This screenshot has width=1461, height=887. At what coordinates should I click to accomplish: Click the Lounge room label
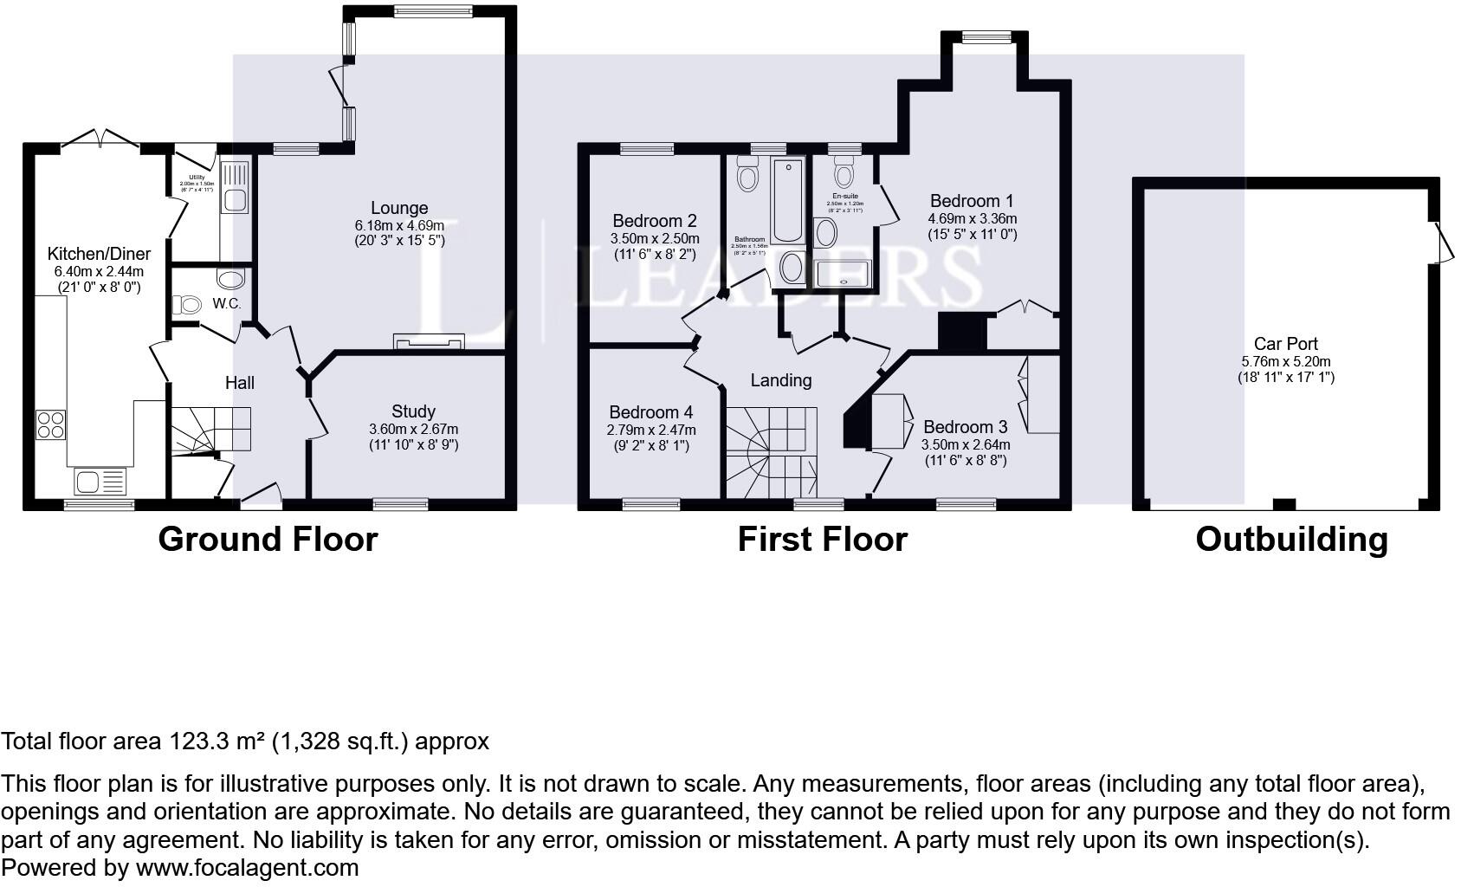click(x=399, y=208)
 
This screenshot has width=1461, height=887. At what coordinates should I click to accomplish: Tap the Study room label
click(x=413, y=411)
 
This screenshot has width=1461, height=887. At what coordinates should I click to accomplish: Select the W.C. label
click(x=226, y=304)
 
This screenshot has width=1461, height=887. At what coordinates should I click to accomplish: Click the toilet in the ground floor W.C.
click(x=187, y=304)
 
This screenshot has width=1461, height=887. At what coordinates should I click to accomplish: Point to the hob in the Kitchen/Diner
click(x=51, y=424)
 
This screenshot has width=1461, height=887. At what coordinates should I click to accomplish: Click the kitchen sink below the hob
click(x=100, y=480)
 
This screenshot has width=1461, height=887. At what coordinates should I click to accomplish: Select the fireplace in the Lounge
click(x=429, y=342)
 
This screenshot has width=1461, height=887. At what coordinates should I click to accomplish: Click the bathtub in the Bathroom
click(x=787, y=200)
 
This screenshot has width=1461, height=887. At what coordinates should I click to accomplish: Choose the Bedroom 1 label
click(x=972, y=201)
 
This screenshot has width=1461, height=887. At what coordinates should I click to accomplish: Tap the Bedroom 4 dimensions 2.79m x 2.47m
click(x=650, y=430)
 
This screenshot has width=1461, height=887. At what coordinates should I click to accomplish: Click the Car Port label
click(x=1286, y=344)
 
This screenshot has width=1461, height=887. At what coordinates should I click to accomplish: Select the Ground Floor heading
click(x=268, y=540)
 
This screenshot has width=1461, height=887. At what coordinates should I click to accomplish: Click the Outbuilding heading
click(x=1291, y=540)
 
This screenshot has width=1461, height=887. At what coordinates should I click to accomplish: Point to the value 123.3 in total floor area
click(x=197, y=741)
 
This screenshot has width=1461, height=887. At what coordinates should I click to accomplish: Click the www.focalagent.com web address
click(x=247, y=868)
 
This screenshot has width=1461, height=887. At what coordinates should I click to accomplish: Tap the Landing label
click(x=781, y=380)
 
